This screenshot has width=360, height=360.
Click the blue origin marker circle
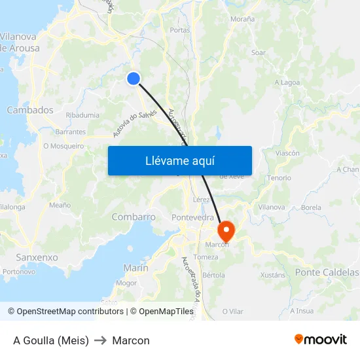134,79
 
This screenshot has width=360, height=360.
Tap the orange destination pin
226,230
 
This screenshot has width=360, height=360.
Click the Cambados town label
30,110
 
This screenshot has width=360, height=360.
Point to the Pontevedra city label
192,217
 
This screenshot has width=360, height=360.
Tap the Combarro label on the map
134,217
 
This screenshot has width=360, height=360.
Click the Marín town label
135,268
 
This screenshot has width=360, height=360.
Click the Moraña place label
242,19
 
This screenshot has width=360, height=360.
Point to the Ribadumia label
83,115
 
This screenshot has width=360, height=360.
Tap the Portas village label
179,30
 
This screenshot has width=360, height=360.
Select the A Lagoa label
287,82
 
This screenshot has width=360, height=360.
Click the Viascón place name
287,153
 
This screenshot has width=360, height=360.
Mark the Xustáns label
273,276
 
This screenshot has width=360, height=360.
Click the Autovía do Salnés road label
134,124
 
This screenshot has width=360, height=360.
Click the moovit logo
321,340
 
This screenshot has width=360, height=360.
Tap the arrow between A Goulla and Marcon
101,340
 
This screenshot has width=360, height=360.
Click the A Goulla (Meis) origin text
51,340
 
